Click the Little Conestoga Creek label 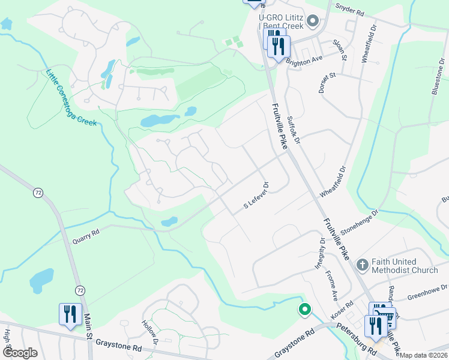pyautogui.click(x=71, y=98)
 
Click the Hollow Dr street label pyautogui.click(x=149, y=333)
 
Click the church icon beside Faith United pyautogui.click(x=362, y=264)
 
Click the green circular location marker pyautogui.click(x=305, y=310)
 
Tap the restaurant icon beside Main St pyautogui.click(x=70, y=314)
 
